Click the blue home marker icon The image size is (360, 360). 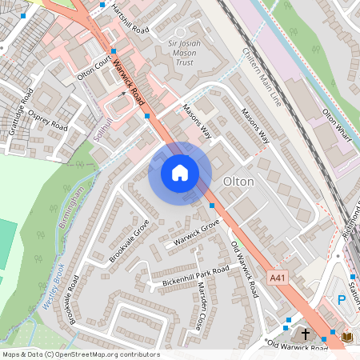click(x=180, y=173)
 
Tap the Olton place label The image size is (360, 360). click(x=239, y=182)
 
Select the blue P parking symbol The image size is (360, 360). click(x=342, y=300)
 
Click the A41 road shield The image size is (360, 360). click(x=278, y=277)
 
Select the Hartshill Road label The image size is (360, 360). click(x=131, y=18)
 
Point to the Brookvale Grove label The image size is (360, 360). click(x=130, y=240)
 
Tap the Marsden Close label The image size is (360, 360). click(x=194, y=313)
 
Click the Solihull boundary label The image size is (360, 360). click(x=100, y=126)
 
